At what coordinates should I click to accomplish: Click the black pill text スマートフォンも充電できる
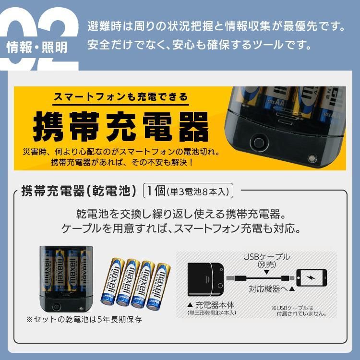(120, 97)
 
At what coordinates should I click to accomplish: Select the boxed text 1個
(155, 191)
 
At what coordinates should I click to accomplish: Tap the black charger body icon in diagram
(206, 278)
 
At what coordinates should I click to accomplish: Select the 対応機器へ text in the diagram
(267, 290)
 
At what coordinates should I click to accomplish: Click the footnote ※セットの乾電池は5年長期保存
(84, 319)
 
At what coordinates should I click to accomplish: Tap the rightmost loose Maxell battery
(159, 286)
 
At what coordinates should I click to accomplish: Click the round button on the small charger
(57, 307)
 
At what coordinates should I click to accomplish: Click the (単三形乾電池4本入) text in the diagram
(212, 313)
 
